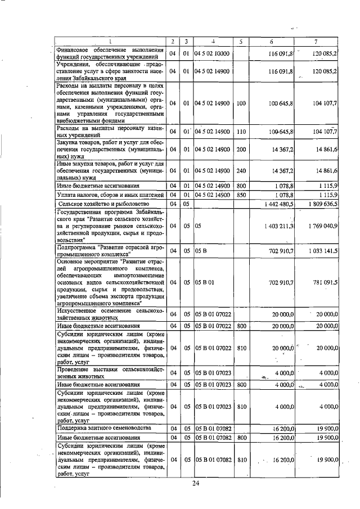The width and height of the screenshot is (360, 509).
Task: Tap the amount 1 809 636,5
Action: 319,204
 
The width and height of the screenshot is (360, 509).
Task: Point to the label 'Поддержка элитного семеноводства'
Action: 103,428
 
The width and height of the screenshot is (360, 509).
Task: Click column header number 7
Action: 317,41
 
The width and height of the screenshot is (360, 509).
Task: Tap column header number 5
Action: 240,41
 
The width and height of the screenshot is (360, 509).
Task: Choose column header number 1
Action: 110,41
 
